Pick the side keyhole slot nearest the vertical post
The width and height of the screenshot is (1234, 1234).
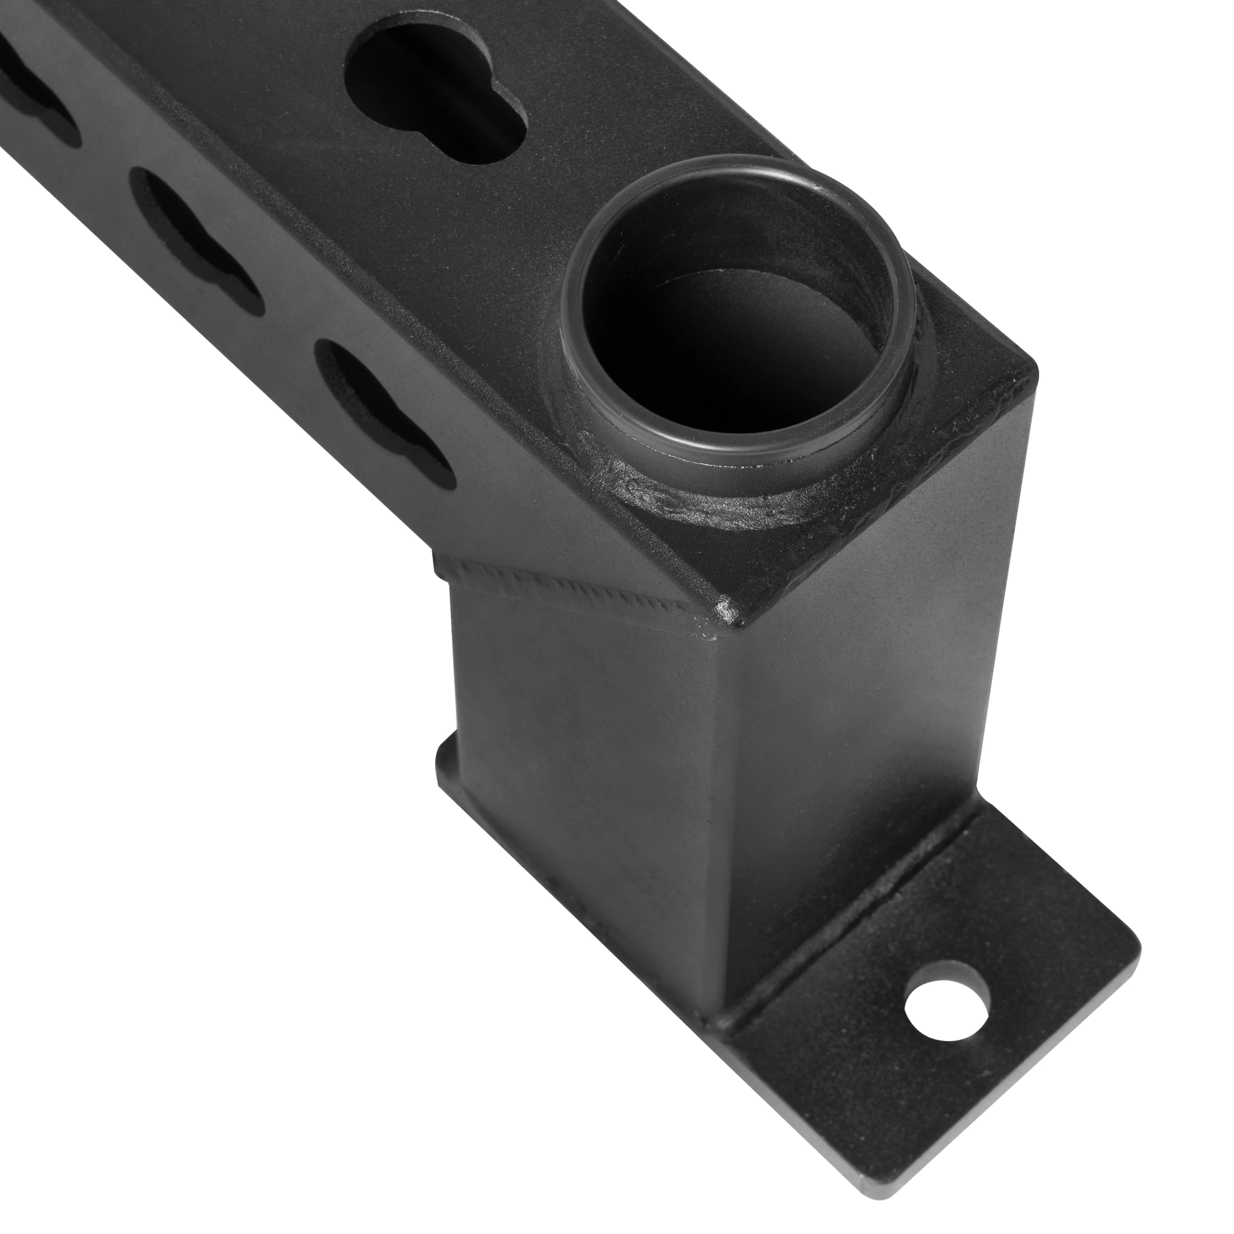pos(383,409)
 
